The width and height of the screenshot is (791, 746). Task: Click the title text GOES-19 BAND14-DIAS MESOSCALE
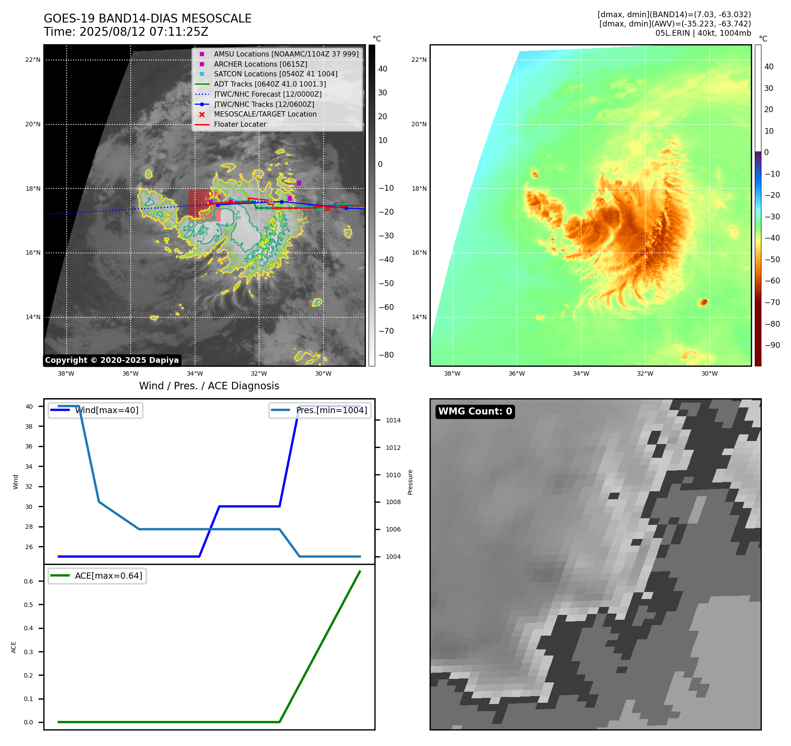click(147, 19)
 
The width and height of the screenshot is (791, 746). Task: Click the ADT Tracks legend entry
click(270, 84)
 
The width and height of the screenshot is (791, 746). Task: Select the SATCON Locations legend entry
click(275, 74)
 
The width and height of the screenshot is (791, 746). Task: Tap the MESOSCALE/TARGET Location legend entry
click(265, 114)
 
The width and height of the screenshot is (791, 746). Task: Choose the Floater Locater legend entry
click(240, 124)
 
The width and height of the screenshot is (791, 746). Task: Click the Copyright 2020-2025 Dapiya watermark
click(112, 360)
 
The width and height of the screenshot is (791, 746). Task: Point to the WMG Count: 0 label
click(475, 411)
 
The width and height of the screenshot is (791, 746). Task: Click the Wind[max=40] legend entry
click(106, 410)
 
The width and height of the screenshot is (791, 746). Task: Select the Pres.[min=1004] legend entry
click(331, 410)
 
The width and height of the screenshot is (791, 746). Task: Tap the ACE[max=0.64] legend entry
click(108, 576)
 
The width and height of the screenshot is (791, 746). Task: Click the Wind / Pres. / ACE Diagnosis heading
click(209, 386)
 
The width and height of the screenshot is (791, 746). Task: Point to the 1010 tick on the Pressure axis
click(393, 475)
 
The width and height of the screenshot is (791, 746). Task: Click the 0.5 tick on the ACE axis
click(28, 605)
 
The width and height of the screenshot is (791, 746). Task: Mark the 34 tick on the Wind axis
click(29, 467)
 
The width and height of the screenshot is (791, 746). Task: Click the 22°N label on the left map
click(33, 60)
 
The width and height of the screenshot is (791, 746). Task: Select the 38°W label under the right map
click(452, 373)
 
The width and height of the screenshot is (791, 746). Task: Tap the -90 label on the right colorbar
click(772, 345)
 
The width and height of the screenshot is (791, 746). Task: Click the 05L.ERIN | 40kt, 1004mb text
click(703, 33)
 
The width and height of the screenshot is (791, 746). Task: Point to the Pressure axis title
click(410, 482)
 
